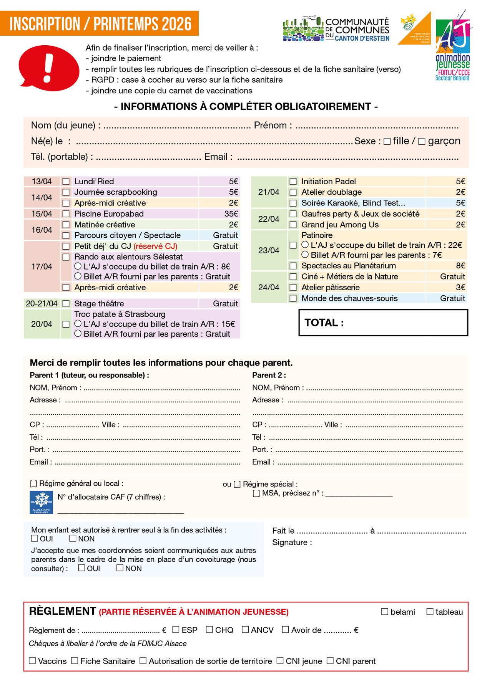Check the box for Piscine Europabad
pyautogui.click(x=66, y=214)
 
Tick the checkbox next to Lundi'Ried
pyautogui.click(x=66, y=181)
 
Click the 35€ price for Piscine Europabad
pyautogui.click(x=231, y=214)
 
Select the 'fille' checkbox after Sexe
pyautogui.click(x=387, y=141)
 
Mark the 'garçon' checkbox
pyautogui.click(x=422, y=141)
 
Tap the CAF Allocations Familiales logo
pyautogui.click(x=41, y=502)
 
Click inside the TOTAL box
pyautogui.click(x=383, y=323)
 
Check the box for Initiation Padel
pyautogui.click(x=293, y=181)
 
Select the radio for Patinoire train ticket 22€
pyautogui.click(x=305, y=245)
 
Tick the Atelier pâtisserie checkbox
pyautogui.click(x=293, y=287)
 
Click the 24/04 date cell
pyautogui.click(x=269, y=287)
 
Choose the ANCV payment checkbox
pyautogui.click(x=245, y=629)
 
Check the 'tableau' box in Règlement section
pyautogui.click(x=430, y=612)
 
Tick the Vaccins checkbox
pyautogui.click(x=33, y=660)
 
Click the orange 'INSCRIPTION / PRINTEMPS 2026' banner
pyautogui.click(x=100, y=24)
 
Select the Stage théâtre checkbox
pyautogui.click(x=66, y=304)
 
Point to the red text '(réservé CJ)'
pyautogui.click(x=155, y=246)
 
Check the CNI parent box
pyautogui.click(x=330, y=660)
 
